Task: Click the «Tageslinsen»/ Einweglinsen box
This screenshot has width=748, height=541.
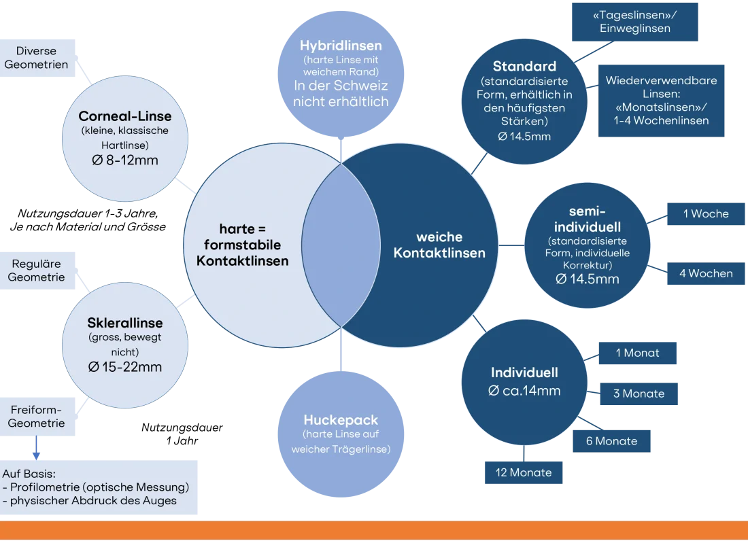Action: point(635,21)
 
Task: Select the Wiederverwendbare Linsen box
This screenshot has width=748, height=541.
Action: point(661,100)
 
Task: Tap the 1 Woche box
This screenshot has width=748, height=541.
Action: point(705,214)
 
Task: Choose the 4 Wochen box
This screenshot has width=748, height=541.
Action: point(705,274)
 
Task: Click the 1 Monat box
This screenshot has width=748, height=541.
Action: point(637,353)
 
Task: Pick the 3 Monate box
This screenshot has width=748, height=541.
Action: point(638,394)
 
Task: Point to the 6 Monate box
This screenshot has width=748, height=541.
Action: point(611,441)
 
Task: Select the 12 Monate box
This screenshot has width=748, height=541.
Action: point(524,472)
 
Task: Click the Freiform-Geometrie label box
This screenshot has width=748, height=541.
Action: point(37,417)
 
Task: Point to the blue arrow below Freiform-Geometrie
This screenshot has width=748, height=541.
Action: point(35,449)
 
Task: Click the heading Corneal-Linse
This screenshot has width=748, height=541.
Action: point(125,116)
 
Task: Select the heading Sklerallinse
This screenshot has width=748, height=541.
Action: point(125,323)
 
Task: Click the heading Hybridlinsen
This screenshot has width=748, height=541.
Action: point(341,46)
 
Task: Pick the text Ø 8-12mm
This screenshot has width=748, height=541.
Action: point(125,160)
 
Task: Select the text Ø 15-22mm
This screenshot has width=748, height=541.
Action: point(125,367)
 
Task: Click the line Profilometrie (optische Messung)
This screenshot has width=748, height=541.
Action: point(99,487)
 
